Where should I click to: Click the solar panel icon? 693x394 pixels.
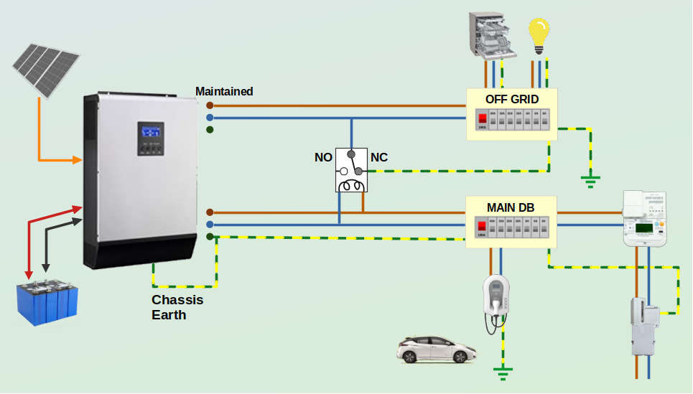tap(45, 70)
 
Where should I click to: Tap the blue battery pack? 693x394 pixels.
tap(47, 304)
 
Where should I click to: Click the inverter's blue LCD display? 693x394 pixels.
tap(150, 133)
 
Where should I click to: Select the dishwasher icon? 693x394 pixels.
tap(492, 36)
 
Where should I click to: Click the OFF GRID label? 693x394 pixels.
tap(511, 99)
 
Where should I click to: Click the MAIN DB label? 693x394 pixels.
tap(511, 207)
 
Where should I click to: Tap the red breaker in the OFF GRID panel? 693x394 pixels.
tap(483, 118)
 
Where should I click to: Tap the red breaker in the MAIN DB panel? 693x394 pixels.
tap(483, 227)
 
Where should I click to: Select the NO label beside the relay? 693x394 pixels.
tap(323, 157)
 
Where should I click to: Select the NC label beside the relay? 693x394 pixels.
tap(378, 157)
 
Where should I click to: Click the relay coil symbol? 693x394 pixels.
tap(351, 185)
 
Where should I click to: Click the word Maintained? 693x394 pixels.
tap(224, 91)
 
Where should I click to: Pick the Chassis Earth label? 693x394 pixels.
tap(177, 307)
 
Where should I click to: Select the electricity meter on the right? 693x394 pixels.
tap(645, 219)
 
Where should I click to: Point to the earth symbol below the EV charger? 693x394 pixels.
tap(503, 371)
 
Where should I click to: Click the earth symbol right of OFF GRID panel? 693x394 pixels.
tap(590, 179)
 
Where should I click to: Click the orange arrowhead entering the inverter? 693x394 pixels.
tap(78, 159)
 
